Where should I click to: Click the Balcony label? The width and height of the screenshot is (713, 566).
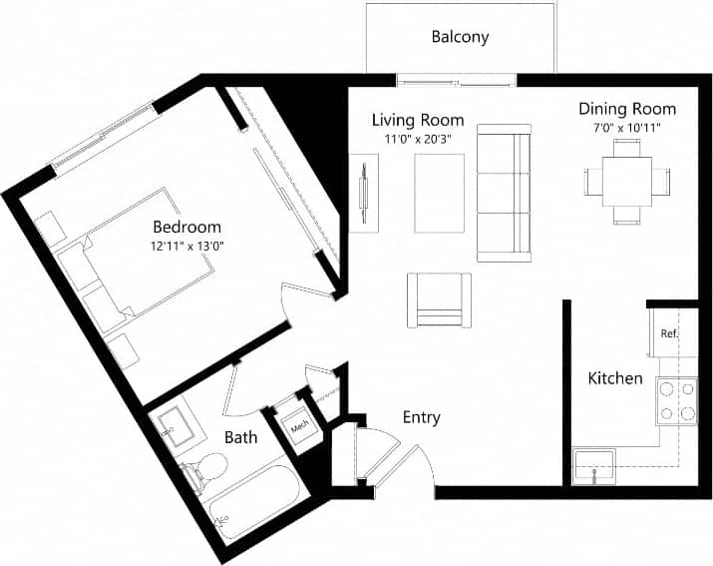pyautogui.click(x=460, y=38)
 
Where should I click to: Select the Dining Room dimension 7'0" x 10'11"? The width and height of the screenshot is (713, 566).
pyautogui.click(x=627, y=128)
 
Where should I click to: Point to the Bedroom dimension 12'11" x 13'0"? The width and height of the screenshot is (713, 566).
pyautogui.click(x=186, y=246)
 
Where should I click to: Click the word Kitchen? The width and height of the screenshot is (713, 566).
pyautogui.click(x=615, y=378)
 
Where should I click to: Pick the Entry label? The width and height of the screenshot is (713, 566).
pyautogui.click(x=421, y=417)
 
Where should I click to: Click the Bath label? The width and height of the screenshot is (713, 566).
pyautogui.click(x=240, y=437)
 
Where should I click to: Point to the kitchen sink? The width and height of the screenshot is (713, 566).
pyautogui.click(x=594, y=466)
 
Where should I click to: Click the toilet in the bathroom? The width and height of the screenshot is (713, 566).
pyautogui.click(x=206, y=469)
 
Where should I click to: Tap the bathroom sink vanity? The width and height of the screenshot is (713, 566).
pyautogui.click(x=177, y=426)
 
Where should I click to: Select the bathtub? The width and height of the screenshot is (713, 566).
pyautogui.click(x=254, y=504)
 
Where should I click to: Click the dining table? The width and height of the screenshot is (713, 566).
pyautogui.click(x=626, y=181)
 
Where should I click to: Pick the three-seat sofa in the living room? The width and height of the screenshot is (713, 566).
pyautogui.click(x=504, y=192)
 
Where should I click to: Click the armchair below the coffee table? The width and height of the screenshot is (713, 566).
pyautogui.click(x=438, y=299)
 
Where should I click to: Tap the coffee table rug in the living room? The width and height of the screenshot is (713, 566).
pyautogui.click(x=438, y=192)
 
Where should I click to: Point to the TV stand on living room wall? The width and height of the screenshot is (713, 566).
pyautogui.click(x=364, y=192)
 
